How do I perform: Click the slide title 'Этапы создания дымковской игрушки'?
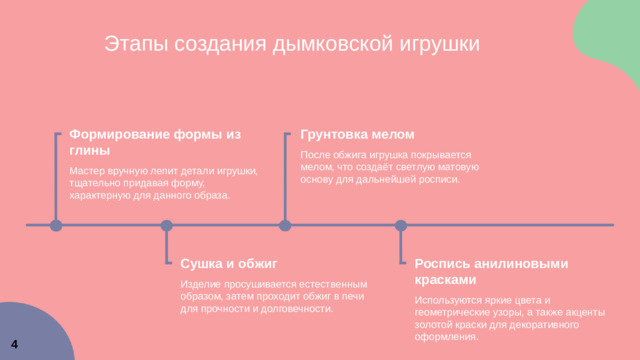point(292,44)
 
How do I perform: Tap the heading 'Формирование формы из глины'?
point(155,141)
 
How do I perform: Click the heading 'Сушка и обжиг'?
point(228,264)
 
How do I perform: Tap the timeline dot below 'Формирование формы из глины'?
point(56,226)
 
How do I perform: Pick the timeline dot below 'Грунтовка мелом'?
point(285,226)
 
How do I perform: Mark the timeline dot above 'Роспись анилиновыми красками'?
point(401,226)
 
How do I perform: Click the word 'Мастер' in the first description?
point(85,171)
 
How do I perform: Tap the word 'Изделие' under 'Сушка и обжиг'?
point(198,284)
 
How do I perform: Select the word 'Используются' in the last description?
point(445,300)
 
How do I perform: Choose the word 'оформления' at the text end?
point(445,337)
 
